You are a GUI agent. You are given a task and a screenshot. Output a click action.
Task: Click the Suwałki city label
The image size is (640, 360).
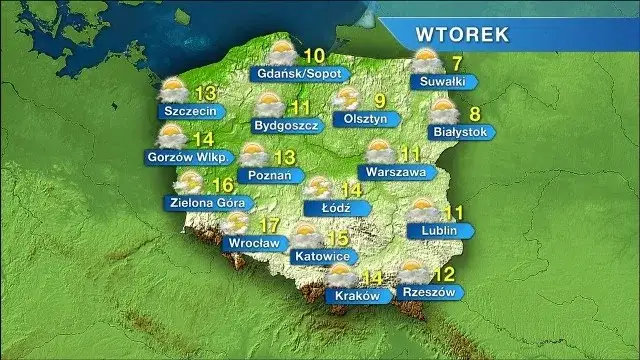point(443,81)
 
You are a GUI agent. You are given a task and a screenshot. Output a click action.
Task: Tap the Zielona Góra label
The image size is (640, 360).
point(201,202)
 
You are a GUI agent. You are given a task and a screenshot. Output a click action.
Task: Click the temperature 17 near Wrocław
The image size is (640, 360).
point(269,226)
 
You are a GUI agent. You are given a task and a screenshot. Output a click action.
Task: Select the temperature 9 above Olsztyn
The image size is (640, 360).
point(379,100)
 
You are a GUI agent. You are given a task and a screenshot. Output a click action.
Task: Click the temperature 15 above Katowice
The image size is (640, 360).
point(337,238)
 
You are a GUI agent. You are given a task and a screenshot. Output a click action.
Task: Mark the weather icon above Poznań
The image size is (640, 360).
point(253,155)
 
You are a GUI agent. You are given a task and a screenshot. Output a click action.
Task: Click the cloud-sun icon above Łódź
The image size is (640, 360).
point(320,188)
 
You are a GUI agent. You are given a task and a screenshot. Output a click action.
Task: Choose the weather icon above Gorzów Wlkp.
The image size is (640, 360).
point(172,136)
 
